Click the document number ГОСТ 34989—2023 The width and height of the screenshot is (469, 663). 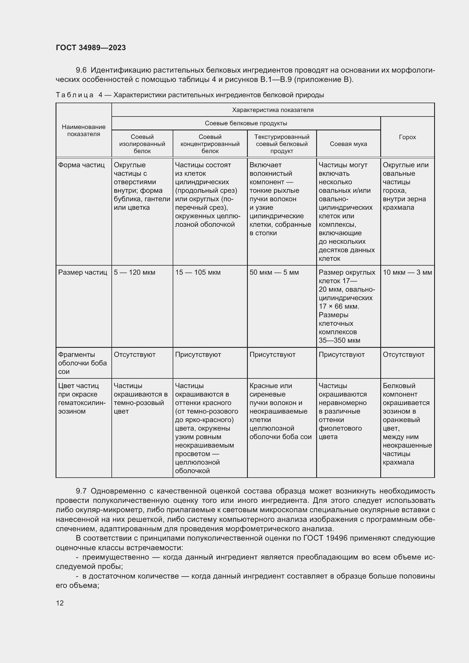coord(91,48)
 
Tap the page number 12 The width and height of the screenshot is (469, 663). coord(60,603)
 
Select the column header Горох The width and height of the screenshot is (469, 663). coord(407,137)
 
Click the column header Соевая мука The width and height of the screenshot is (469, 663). coord(348,144)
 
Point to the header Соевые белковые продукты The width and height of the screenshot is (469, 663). coord(246,123)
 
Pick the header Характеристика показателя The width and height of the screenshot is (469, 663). coord(272,110)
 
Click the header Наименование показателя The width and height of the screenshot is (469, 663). coord(84,130)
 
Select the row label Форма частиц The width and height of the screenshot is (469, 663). coord(81,165)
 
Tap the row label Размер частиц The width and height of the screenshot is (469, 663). coord(83,272)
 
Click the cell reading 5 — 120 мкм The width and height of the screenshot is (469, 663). coord(134,272)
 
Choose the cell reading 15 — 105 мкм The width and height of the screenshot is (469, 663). coord(198,272)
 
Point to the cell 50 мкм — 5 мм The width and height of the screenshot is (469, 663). coord(274,272)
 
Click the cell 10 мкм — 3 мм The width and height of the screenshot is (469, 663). coord(407,272)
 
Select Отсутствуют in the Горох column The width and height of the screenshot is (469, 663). coord(403,354)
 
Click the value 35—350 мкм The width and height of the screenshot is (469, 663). coord(339,340)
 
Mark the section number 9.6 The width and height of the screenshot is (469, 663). coord(81,70)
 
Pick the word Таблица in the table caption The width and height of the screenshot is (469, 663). coord(75,95)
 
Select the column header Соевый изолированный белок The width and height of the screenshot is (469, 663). coord(142,144)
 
